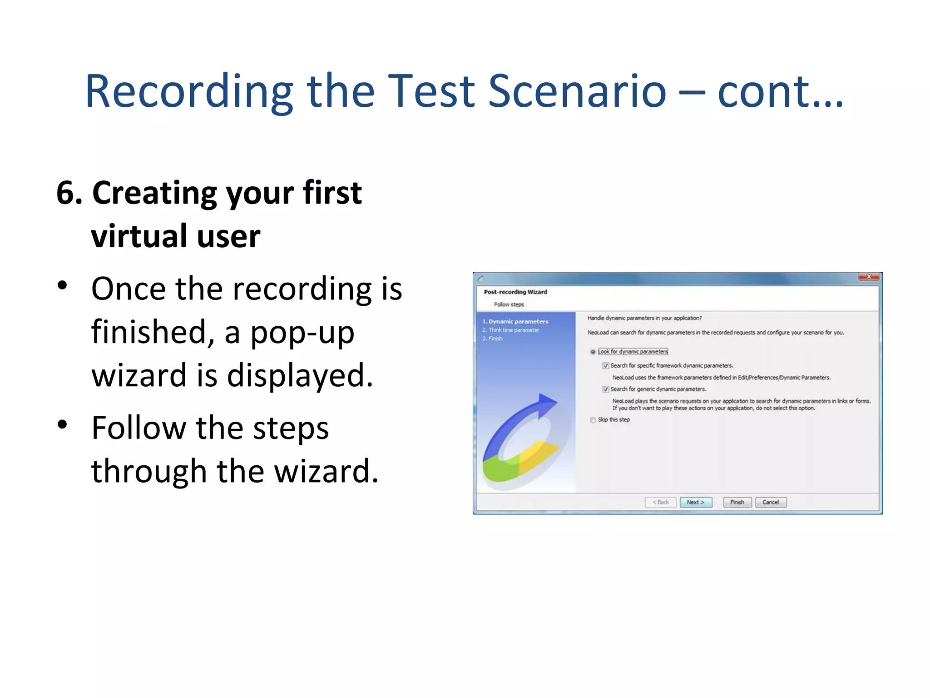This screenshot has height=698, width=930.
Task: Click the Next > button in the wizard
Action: click(x=696, y=502)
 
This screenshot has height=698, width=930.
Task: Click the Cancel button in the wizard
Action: click(x=771, y=502)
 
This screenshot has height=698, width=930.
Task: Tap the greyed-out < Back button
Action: click(x=661, y=502)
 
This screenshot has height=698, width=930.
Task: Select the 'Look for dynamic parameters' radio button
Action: click(x=593, y=352)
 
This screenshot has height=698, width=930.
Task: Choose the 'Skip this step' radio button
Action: click(x=593, y=420)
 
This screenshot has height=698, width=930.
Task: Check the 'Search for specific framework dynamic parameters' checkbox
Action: click(x=606, y=366)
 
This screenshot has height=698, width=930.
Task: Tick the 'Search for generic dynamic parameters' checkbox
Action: click(x=606, y=389)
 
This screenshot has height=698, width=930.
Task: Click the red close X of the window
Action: click(x=869, y=277)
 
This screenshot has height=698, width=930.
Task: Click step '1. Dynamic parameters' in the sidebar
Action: click(x=515, y=322)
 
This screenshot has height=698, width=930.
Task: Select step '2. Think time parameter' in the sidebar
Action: click(x=511, y=330)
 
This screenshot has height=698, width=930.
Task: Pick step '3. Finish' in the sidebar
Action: click(x=493, y=339)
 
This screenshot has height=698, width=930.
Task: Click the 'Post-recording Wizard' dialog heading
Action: click(x=515, y=292)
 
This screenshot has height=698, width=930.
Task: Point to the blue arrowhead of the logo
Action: click(x=547, y=402)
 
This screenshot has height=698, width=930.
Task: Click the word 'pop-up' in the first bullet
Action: click(x=302, y=333)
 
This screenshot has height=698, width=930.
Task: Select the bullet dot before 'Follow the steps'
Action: click(x=63, y=424)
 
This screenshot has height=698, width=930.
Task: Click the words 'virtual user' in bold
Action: click(x=176, y=236)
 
